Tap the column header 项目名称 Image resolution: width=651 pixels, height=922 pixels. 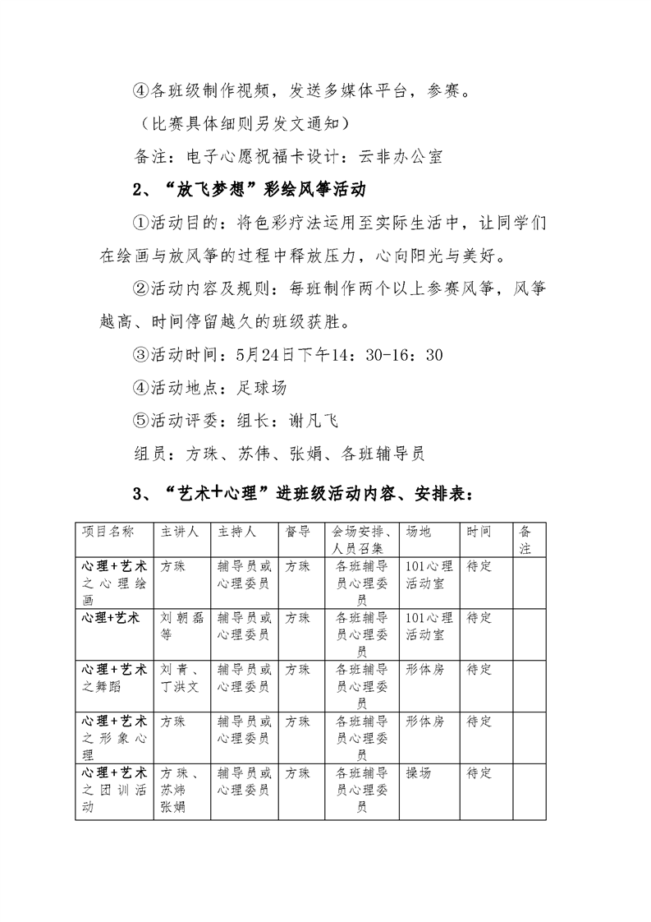click(108, 532)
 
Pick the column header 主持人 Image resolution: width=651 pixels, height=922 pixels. click(236, 532)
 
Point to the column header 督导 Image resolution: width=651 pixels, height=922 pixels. click(297, 532)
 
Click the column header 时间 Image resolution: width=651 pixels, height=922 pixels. click(479, 532)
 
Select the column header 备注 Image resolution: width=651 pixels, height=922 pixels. click(525, 539)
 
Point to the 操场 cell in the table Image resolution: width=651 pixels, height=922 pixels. click(418, 773)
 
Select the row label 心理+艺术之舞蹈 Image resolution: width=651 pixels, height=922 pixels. click(114, 678)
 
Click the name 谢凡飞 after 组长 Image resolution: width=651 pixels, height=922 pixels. click(312, 421)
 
